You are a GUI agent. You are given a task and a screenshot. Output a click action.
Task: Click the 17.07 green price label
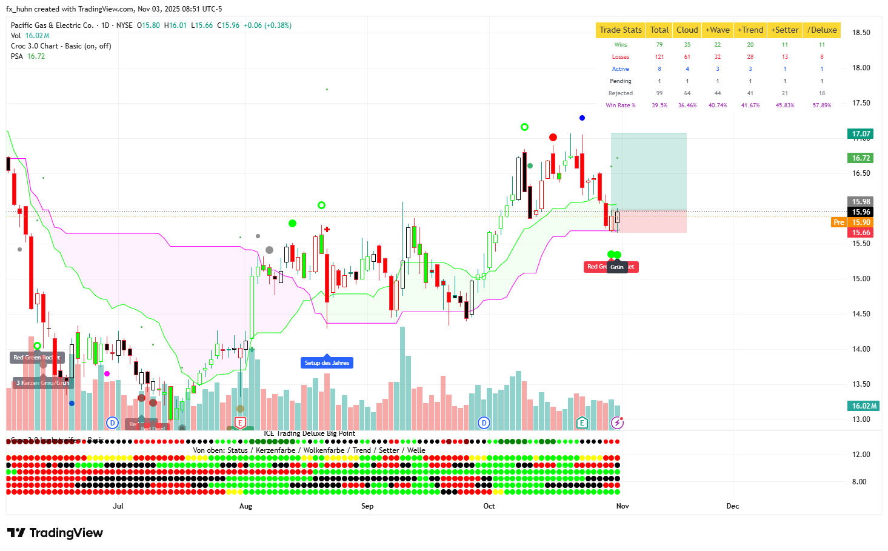pyautogui.click(x=861, y=134)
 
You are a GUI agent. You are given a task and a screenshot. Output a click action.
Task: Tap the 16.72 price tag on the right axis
pyautogui.click(x=861, y=158)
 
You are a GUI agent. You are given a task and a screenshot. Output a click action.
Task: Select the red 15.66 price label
pyautogui.click(x=861, y=233)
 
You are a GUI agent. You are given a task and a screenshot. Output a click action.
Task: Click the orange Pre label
pyautogui.click(x=838, y=222)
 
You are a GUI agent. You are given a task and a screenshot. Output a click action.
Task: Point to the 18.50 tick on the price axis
pyautogui.click(x=861, y=33)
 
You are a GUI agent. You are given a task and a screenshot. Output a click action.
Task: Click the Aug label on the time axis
pyautogui.click(x=245, y=506)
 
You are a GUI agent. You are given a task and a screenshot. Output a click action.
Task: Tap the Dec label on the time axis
pyautogui.click(x=732, y=506)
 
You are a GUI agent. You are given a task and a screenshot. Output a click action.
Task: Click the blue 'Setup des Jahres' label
pyautogui.click(x=327, y=363)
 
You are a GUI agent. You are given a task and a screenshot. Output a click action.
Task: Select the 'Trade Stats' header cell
pyautogui.click(x=620, y=30)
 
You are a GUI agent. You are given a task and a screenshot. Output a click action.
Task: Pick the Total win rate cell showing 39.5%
pyautogui.click(x=659, y=105)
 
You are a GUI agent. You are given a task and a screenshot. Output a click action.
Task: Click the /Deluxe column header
pyautogui.click(x=821, y=30)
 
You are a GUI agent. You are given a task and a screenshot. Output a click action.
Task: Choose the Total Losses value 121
pyautogui.click(x=659, y=57)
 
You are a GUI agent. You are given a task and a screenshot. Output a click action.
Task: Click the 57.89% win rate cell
pyautogui.click(x=821, y=105)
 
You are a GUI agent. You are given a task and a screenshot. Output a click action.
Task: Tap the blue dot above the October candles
pyautogui.click(x=582, y=118)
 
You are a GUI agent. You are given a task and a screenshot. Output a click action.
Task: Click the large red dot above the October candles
pyautogui.click(x=553, y=138)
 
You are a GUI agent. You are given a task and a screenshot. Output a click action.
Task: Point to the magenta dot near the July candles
pyautogui.click(x=107, y=374)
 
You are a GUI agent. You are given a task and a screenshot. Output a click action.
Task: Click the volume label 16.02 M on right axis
pyautogui.click(x=864, y=406)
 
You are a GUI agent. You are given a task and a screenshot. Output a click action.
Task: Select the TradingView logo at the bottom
pyautogui.click(x=55, y=533)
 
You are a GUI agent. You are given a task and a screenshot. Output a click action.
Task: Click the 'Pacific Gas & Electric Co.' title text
pyautogui.click(x=52, y=25)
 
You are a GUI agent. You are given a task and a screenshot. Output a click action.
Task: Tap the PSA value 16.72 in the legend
pyautogui.click(x=36, y=56)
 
